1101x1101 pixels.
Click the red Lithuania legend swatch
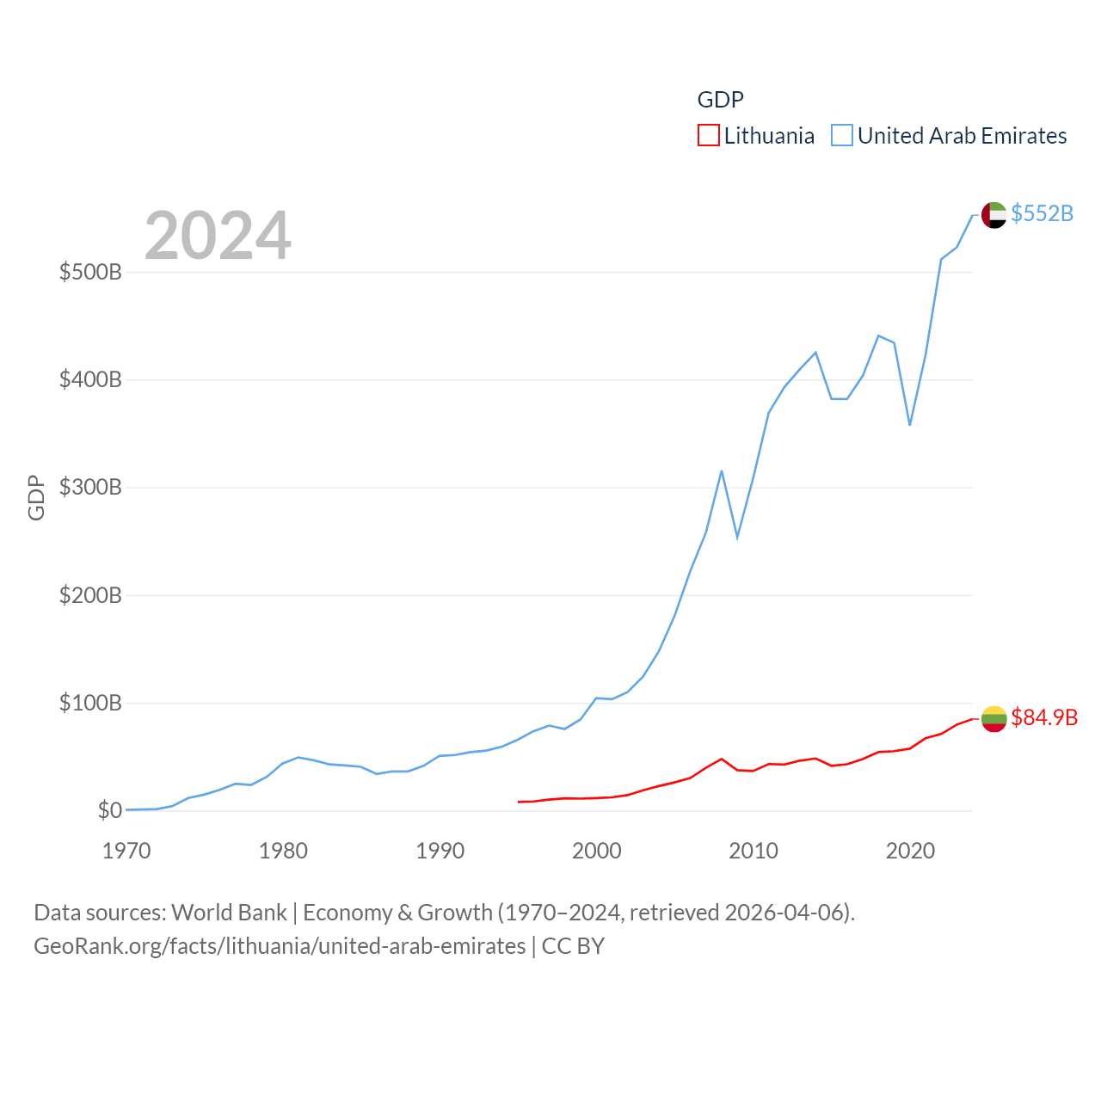tap(708, 136)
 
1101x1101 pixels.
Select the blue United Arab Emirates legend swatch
tap(841, 136)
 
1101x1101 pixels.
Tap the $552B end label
tap(1042, 213)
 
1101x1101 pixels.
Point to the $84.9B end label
tap(1044, 717)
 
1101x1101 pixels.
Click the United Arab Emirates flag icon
tap(994, 214)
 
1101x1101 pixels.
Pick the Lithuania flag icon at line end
tap(994, 718)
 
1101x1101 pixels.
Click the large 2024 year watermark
tap(218, 236)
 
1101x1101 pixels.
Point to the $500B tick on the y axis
tap(90, 273)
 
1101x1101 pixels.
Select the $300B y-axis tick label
tap(90, 488)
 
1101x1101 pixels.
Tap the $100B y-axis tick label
tap(90, 704)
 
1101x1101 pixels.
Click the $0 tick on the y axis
tap(109, 811)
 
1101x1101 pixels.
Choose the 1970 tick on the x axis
tap(126, 852)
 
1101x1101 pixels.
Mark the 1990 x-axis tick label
tap(440, 852)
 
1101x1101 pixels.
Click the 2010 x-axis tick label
tap(753, 852)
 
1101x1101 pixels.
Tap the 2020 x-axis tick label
tap(910, 852)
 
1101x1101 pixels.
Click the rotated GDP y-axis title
tap(36, 497)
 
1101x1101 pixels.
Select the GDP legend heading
tap(720, 100)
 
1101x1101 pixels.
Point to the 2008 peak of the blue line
tap(722, 471)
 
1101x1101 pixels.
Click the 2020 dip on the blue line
tap(909, 425)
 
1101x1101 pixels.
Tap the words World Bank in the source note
tap(229, 913)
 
